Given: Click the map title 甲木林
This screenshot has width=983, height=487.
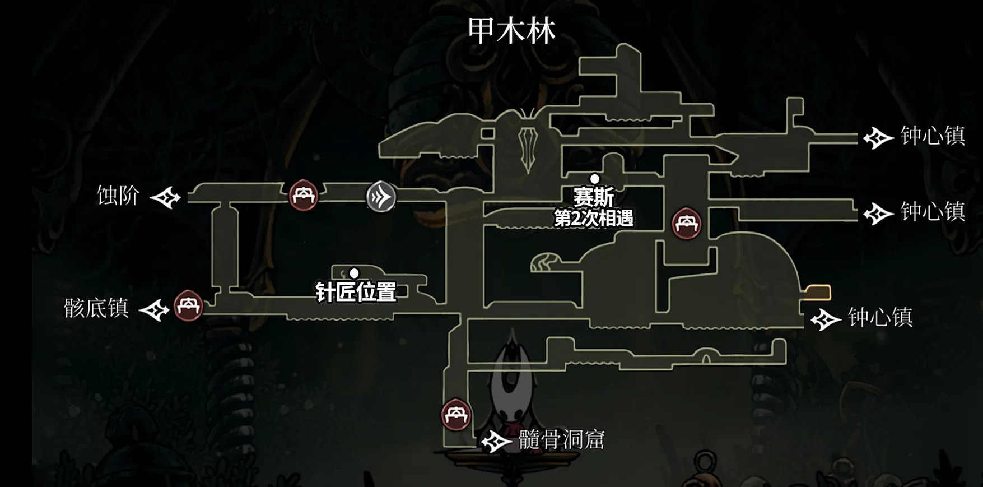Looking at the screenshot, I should coord(511,31).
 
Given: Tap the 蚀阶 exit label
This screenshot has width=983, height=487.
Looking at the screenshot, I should coord(118,196).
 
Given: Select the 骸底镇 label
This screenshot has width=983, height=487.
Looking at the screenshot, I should coord(96,308).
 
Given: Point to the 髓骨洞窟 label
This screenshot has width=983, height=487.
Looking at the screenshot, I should coord(561,440).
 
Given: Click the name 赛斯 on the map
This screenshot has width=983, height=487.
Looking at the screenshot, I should coord(594,197).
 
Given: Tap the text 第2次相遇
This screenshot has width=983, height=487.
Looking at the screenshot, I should coord(594,217).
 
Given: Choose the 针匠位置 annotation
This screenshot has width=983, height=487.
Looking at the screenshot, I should coord(356,292).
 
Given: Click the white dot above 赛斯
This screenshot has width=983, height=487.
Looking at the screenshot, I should coord(595,179).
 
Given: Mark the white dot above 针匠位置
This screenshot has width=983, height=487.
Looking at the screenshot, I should coord(354,273).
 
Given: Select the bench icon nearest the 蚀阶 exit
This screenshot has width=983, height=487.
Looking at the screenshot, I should coord(304,195).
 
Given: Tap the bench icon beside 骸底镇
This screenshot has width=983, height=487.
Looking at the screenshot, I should coord(188,306).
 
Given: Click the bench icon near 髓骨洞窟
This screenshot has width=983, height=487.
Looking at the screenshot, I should coord(456,415).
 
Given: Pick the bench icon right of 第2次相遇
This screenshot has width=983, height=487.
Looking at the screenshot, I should coord(686,224).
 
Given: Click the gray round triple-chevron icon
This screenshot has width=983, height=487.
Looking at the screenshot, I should coord(381,197).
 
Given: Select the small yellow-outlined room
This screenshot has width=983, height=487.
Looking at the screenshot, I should coord(818,292).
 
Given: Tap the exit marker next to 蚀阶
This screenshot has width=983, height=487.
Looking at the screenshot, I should coord(166,197).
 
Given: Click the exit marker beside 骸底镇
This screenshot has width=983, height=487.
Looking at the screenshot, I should coord(155,310).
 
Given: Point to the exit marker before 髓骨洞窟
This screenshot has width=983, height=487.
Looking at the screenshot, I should coord(496,442).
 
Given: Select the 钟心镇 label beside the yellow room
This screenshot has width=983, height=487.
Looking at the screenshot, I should coord(880,317).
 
